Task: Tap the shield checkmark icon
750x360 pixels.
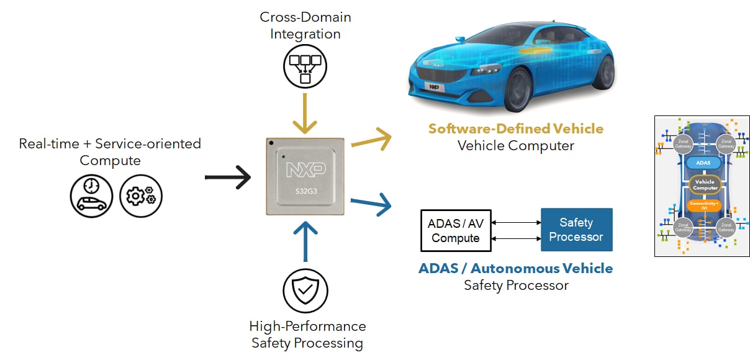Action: (305, 290)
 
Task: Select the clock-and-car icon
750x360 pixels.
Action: (91, 196)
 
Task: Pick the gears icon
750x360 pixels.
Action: (141, 196)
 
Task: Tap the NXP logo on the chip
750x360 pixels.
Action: (305, 169)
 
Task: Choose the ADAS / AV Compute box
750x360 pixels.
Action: (456, 230)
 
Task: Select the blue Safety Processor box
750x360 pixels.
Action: (576, 230)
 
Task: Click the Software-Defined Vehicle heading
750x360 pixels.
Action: (515, 129)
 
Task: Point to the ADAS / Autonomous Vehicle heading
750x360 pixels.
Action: (515, 269)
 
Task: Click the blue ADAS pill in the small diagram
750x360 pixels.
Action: (704, 163)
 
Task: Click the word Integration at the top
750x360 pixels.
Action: (305, 34)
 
